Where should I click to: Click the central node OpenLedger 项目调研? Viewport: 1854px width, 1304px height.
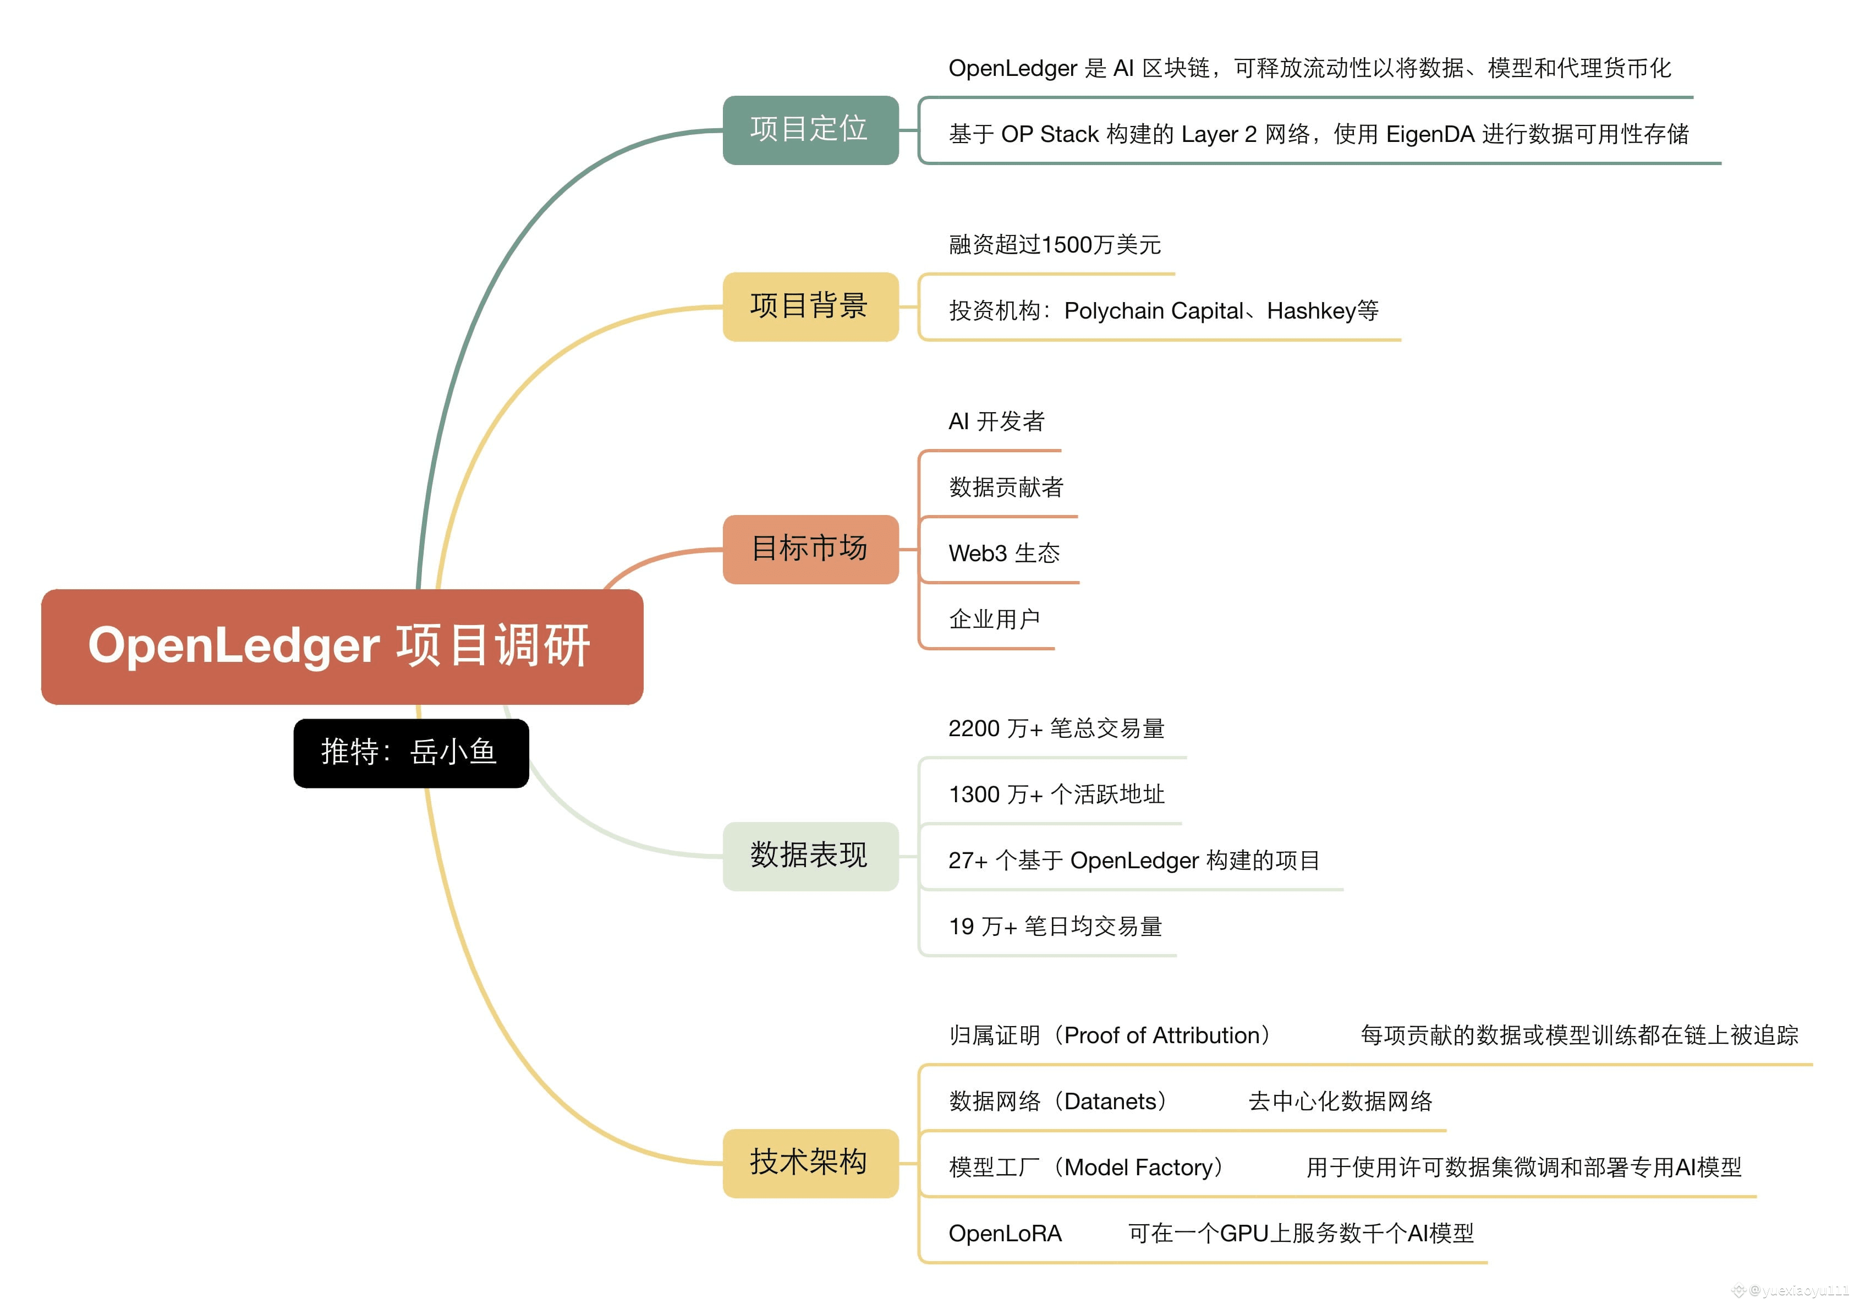(342, 646)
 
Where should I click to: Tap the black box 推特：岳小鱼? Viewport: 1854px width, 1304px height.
(411, 753)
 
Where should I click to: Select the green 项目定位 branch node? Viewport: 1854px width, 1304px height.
(810, 130)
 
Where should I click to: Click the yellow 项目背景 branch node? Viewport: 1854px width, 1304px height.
(810, 307)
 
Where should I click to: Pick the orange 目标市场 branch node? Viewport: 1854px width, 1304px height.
(810, 549)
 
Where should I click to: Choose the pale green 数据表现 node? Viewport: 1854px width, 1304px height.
(810, 856)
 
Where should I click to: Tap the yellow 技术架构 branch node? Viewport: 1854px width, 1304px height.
(810, 1163)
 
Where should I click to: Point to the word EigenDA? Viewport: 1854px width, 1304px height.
(1430, 134)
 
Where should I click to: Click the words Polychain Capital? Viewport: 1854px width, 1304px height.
(1154, 311)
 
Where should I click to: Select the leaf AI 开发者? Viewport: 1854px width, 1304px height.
(996, 421)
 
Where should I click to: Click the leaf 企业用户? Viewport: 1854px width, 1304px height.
(994, 620)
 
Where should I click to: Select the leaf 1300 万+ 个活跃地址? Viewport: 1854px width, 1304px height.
(1056, 795)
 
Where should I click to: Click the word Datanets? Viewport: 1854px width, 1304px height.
(1110, 1102)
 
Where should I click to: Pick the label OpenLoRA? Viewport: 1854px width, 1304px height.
(1005, 1234)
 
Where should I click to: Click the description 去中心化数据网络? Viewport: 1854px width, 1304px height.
(1340, 1102)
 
